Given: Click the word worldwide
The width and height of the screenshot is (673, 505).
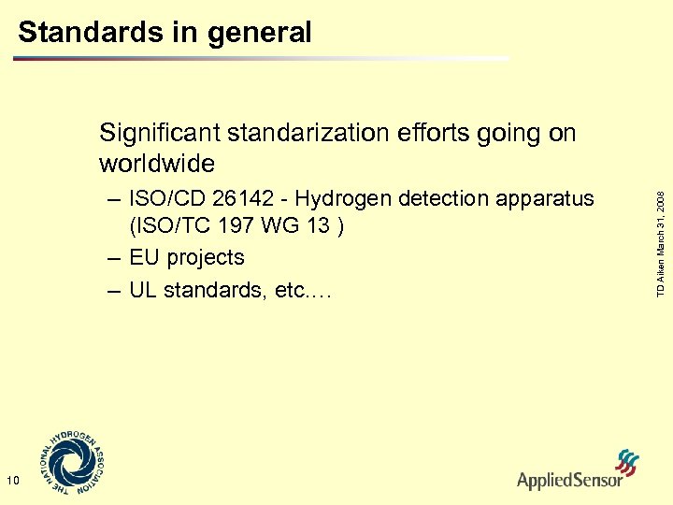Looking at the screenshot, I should pyautogui.click(x=156, y=165).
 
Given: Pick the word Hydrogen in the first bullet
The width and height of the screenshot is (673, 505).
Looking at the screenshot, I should pyautogui.click(x=344, y=199).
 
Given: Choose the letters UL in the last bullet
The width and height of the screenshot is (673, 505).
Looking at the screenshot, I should pyautogui.click(x=144, y=290).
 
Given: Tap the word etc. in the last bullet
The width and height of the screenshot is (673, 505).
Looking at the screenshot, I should pyautogui.click(x=308, y=290).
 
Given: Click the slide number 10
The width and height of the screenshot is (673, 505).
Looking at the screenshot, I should pyautogui.click(x=12, y=481).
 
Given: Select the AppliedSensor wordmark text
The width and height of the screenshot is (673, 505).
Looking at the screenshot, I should pyautogui.click(x=569, y=481).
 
